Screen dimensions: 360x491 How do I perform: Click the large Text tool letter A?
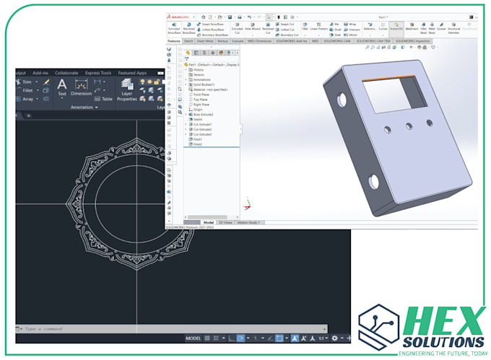[x=62, y=84]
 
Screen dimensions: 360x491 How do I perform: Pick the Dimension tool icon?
[x=82, y=85]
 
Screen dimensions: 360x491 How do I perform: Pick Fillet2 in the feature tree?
[x=197, y=144]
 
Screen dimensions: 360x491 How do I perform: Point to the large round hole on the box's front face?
[x=375, y=180]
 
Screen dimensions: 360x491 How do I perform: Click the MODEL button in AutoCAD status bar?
[x=193, y=338]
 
